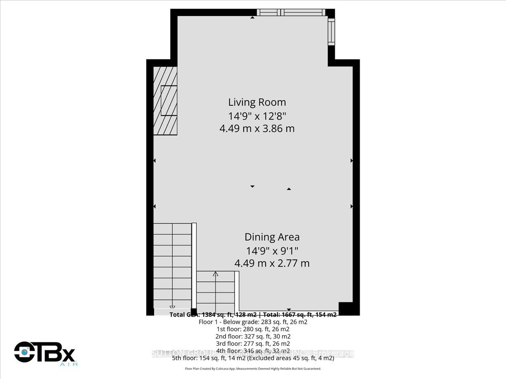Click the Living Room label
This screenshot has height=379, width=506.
pyautogui.click(x=257, y=102)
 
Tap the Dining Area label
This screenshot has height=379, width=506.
pyautogui.click(x=272, y=238)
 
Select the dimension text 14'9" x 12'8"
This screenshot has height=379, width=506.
pyautogui.click(x=257, y=115)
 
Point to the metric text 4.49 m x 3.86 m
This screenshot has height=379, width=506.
pyautogui.click(x=257, y=128)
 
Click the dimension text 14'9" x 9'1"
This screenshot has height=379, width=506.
pyautogui.click(x=272, y=251)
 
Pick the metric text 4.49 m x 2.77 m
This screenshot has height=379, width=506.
pyautogui.click(x=272, y=264)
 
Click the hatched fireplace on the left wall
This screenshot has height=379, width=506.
pyautogui.click(x=165, y=101)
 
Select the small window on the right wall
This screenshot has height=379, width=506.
pyautogui.click(x=331, y=32)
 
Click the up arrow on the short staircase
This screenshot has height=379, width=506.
pyautogui.click(x=215, y=274)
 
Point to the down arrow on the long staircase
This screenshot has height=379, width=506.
pyautogui.click(x=172, y=308)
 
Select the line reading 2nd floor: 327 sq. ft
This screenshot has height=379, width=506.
pyautogui.click(x=253, y=336)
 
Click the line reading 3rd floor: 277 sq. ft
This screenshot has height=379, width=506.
pyautogui.click(x=253, y=344)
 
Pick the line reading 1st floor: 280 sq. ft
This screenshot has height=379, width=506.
pyautogui.click(x=253, y=329)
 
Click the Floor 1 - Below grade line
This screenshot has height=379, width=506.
pyautogui.click(x=253, y=322)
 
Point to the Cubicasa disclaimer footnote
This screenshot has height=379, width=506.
pyautogui.click(x=253, y=368)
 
